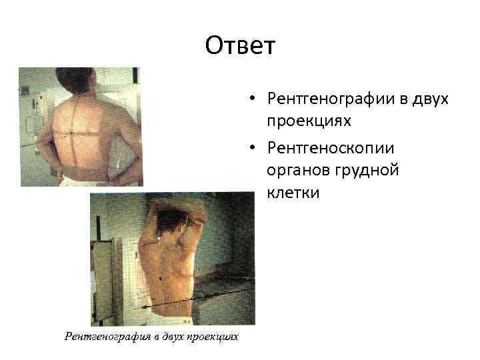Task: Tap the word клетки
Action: [293, 193]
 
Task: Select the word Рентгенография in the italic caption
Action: [106, 337]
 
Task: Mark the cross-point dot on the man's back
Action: [71, 133]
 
